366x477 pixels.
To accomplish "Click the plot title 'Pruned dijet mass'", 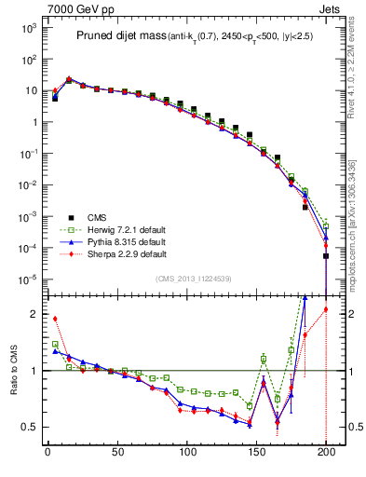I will point(118,35).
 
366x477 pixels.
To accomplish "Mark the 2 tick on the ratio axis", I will point(34,314).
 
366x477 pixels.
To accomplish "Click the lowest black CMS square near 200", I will point(326,256).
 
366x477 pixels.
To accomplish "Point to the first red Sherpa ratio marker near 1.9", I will point(55,319).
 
